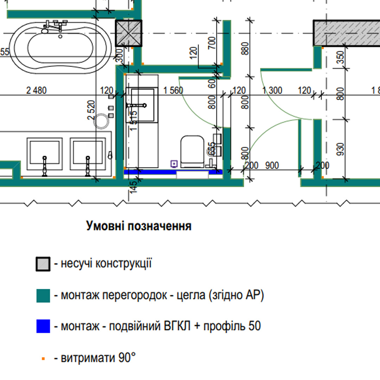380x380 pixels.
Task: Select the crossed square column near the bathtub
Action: (129, 33)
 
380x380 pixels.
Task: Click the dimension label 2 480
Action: (36, 91)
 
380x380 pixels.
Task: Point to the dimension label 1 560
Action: (173, 91)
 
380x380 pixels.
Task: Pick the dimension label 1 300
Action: (272, 91)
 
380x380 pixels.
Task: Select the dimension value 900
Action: (272, 165)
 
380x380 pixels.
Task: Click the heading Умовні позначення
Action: (139, 226)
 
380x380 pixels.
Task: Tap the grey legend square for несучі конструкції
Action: (43, 264)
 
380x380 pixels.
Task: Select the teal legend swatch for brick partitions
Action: (43, 296)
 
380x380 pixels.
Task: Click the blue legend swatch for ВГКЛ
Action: (43, 326)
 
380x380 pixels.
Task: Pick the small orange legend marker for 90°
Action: (43, 359)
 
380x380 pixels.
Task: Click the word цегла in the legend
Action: (188, 295)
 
